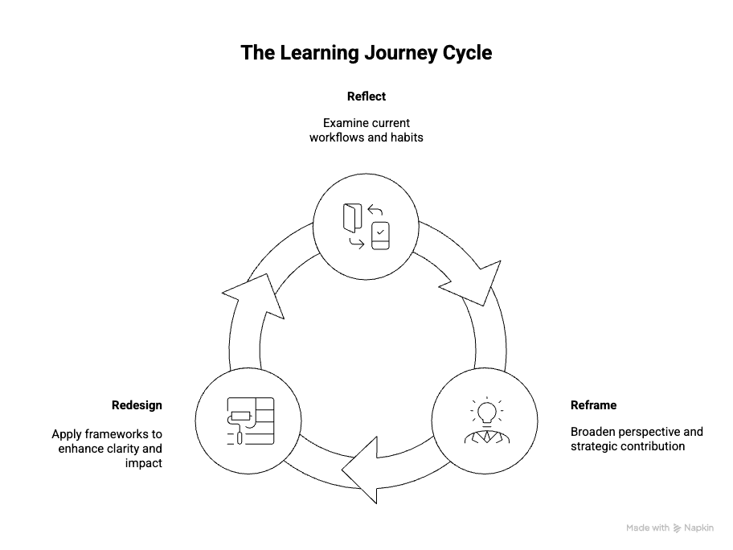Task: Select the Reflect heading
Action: click(366, 96)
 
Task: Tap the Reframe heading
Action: click(593, 405)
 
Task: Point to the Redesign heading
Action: click(137, 405)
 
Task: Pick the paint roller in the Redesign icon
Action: click(240, 419)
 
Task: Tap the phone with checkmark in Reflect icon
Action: click(380, 233)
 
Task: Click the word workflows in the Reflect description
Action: click(338, 137)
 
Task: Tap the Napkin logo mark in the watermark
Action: click(678, 528)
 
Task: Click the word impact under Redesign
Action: click(144, 463)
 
